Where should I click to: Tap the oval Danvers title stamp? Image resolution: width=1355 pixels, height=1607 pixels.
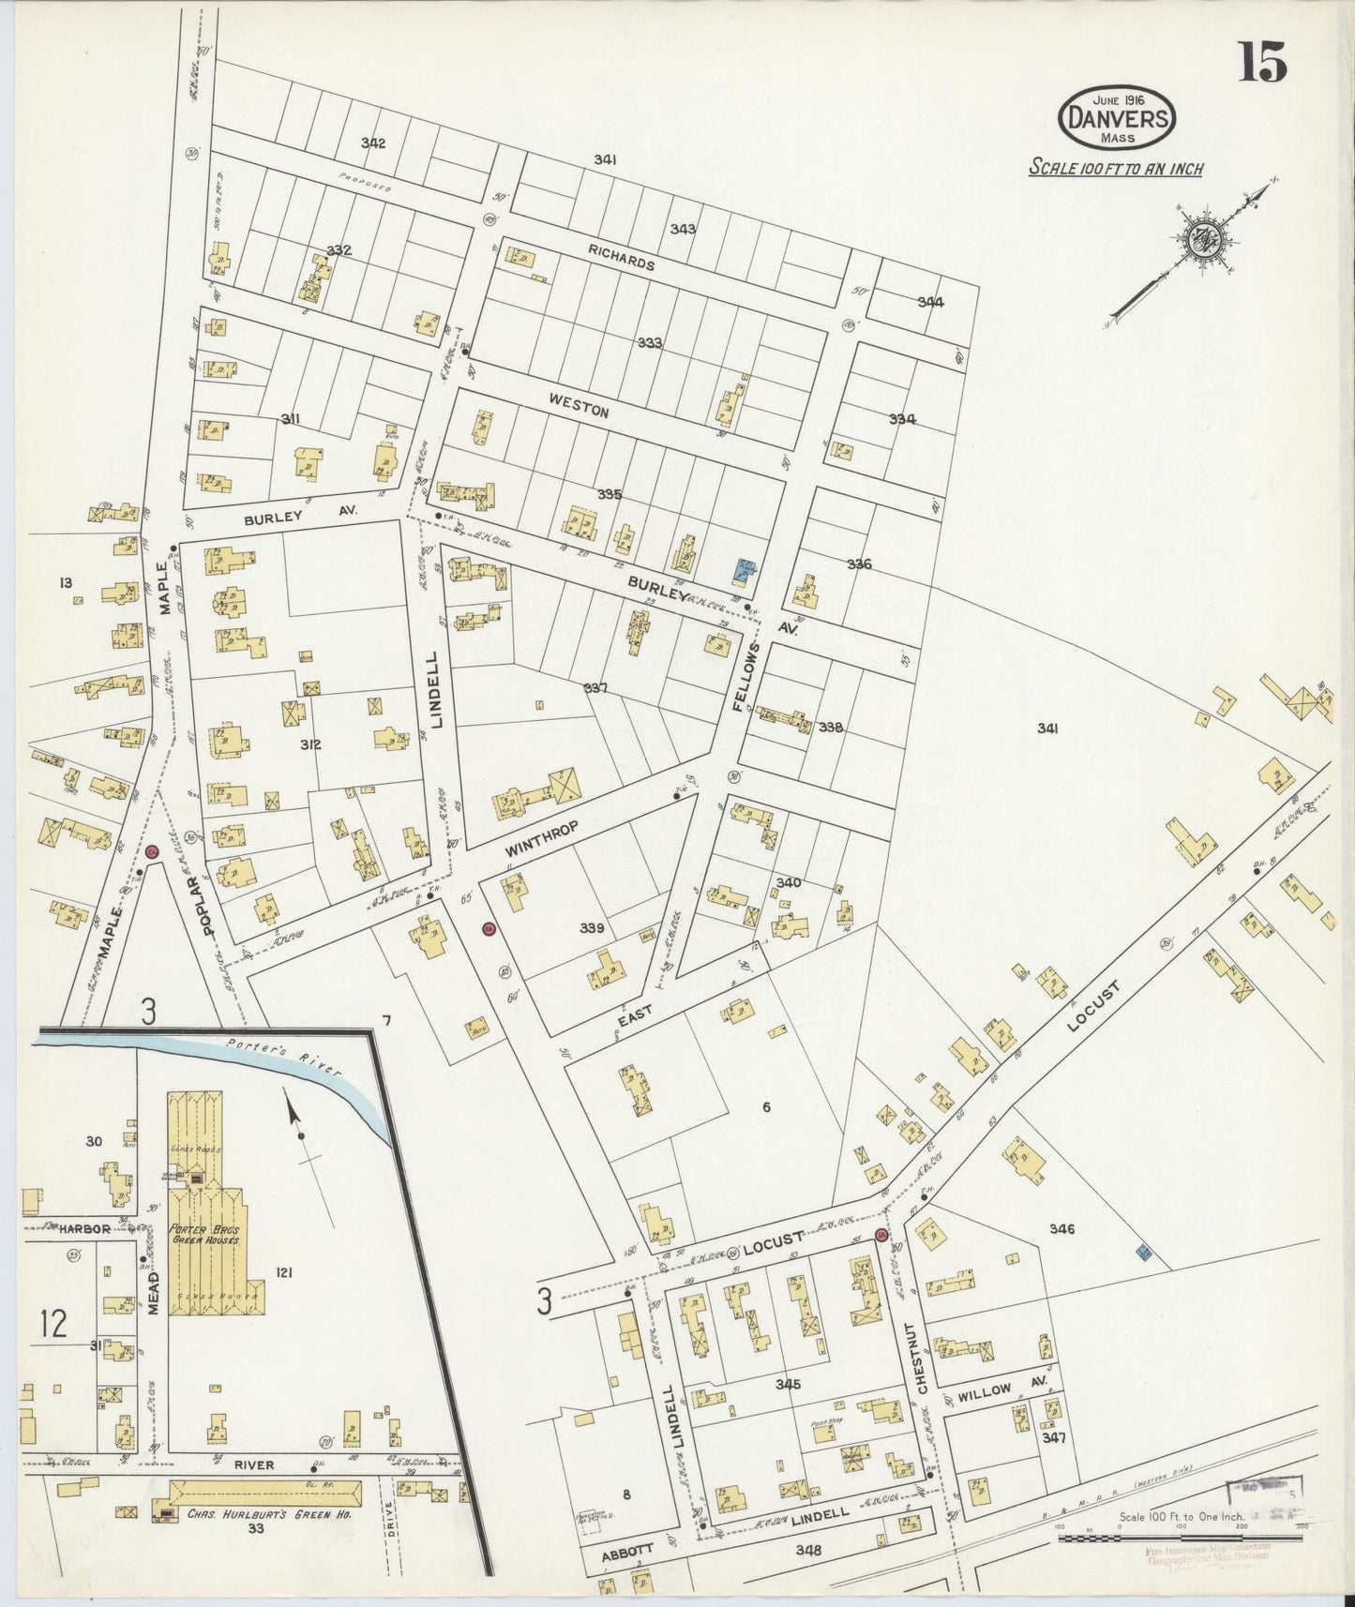tap(1117, 117)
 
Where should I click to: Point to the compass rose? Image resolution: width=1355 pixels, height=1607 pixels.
tap(1200, 239)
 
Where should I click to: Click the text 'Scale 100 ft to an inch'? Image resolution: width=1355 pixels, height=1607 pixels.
tap(1116, 169)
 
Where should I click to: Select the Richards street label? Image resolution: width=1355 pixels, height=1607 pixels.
tap(622, 264)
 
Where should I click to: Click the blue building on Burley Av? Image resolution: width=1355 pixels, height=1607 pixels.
tap(745, 568)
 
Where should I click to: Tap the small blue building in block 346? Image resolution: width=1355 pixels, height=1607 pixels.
tap(1142, 1252)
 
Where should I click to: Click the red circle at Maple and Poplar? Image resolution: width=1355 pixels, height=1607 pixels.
tap(152, 851)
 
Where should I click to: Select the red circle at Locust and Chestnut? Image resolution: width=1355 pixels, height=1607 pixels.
tap(881, 1235)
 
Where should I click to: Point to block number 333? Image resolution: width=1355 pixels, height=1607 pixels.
tap(650, 343)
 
